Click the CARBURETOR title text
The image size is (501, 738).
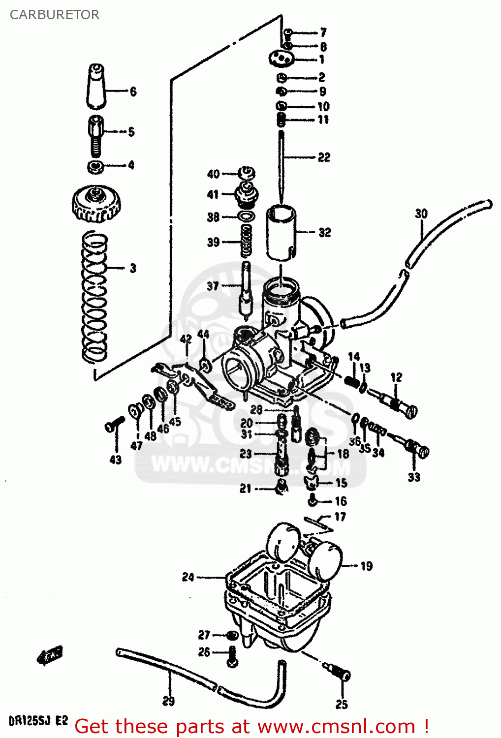54,15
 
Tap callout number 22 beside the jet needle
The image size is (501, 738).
324,157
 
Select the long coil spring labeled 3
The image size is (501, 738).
94,295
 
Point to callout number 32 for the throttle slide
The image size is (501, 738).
324,232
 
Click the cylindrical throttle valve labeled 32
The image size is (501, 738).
281,232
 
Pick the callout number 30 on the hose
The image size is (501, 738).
421,214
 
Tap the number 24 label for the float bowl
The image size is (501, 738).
188,577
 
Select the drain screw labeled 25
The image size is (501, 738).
340,673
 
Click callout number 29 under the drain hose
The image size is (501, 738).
168,701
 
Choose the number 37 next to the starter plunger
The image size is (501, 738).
213,286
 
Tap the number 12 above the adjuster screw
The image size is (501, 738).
396,377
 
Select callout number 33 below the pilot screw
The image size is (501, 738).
414,477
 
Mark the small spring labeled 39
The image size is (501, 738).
247,241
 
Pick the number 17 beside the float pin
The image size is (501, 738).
340,517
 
